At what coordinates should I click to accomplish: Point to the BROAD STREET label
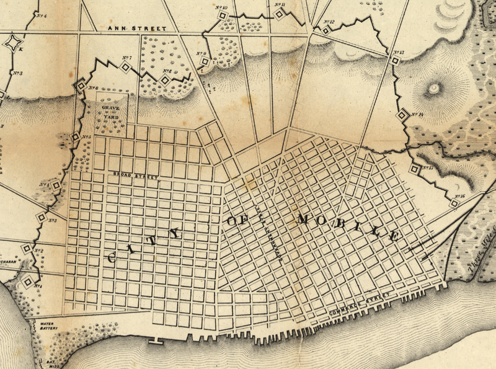(137, 176)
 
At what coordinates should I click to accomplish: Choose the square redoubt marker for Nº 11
(280, 15)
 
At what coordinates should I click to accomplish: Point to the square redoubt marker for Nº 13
(394, 61)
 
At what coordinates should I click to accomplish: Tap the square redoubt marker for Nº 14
(402, 114)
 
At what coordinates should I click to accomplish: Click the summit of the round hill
(433, 87)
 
